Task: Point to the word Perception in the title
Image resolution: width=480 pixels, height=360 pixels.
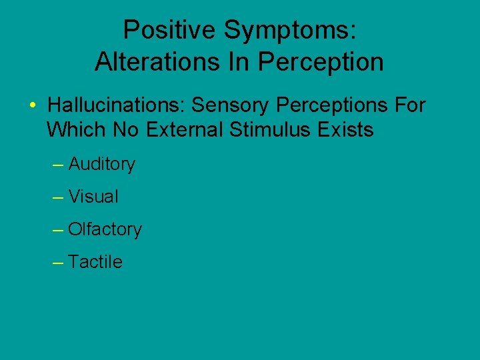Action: point(321,62)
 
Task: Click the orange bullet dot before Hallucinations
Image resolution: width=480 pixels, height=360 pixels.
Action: point(32,106)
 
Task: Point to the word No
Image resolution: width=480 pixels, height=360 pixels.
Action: point(126,129)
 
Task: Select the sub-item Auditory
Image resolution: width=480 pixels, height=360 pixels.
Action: point(101,164)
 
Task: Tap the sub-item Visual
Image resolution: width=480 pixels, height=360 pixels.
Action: point(93,197)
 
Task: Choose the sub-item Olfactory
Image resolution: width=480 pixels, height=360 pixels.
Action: point(105,229)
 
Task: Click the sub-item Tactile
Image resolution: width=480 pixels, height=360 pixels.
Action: point(95,262)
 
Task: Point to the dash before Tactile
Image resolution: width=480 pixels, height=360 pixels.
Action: point(57,263)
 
